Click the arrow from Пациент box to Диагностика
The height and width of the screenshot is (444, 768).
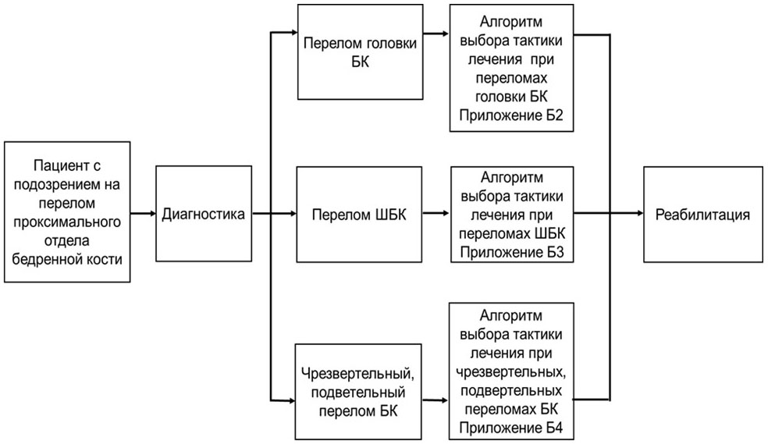pos(143,213)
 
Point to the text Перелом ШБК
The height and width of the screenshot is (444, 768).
pos(357,213)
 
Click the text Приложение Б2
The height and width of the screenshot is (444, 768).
pos(512,115)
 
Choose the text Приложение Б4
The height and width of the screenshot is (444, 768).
pos(512,428)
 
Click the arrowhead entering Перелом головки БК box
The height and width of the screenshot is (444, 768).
pos(290,33)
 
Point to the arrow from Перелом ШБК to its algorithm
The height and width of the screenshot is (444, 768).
pos(434,213)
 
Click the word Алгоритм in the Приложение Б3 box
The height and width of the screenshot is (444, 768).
pos(512,177)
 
